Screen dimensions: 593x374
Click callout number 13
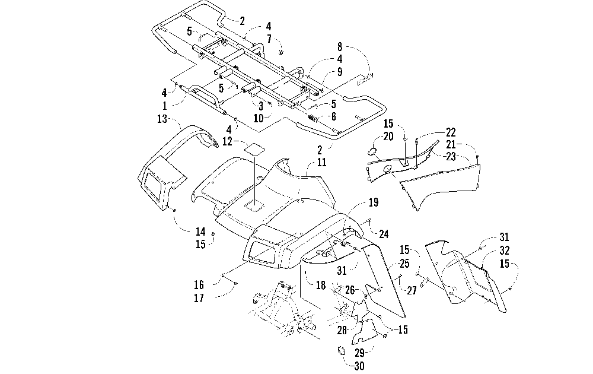(162, 119)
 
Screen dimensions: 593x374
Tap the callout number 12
(227, 141)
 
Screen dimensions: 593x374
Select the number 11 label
(321, 163)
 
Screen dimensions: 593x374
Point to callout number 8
(340, 47)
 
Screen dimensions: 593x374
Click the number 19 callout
(373, 202)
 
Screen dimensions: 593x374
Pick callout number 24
(384, 234)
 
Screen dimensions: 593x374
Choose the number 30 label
(359, 366)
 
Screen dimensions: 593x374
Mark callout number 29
(359, 353)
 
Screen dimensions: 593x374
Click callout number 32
(504, 251)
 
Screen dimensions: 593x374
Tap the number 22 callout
(451, 132)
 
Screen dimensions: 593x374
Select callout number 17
(199, 298)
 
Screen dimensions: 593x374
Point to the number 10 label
(259, 118)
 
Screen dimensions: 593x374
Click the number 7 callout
(269, 38)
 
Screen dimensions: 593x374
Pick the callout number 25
(404, 264)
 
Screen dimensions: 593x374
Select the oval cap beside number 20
(372, 151)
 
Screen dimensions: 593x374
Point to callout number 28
(342, 330)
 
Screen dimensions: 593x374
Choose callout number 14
(200, 232)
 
